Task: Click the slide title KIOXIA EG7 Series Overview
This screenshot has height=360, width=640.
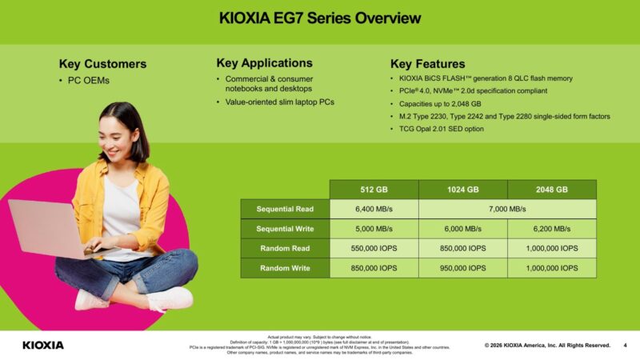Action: [x=320, y=18]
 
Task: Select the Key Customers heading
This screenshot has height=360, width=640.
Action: [x=102, y=64]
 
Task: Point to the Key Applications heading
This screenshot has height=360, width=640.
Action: [x=264, y=63]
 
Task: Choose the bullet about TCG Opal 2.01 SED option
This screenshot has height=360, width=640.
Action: [x=441, y=128]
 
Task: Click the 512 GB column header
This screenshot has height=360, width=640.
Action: [x=374, y=190]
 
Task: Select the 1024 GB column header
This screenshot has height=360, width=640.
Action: [x=463, y=190]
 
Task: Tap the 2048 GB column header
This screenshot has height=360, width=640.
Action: [x=551, y=190]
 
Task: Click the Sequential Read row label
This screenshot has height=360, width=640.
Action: [x=285, y=209]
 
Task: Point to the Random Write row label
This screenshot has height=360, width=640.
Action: [x=285, y=268]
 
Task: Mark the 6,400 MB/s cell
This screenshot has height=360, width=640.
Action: [x=374, y=209]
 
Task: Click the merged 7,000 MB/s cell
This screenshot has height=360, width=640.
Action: [x=507, y=209]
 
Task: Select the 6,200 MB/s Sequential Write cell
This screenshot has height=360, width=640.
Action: [x=551, y=229]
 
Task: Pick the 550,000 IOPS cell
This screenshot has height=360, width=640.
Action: [x=374, y=248]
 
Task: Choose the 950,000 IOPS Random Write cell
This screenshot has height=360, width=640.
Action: [x=463, y=268]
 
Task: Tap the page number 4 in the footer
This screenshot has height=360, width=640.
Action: [x=625, y=345]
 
